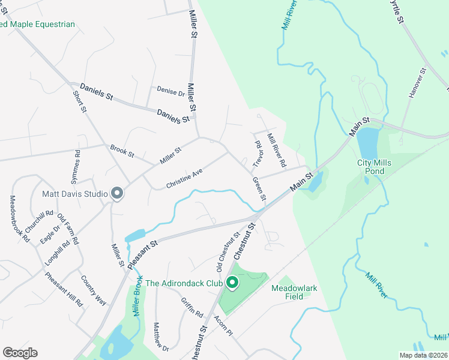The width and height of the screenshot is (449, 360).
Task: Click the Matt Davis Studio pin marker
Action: pyautogui.click(x=117, y=193)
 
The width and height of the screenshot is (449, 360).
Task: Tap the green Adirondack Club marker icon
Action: pyautogui.click(x=232, y=282)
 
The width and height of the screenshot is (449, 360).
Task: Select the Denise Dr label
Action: pyautogui.click(x=170, y=92)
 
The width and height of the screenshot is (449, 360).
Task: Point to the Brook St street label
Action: pyautogui.click(x=122, y=151)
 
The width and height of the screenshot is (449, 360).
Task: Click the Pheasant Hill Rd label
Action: pyautogui.click(x=64, y=290)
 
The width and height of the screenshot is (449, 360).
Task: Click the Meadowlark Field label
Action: pyautogui.click(x=294, y=292)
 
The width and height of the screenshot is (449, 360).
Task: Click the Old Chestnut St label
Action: pyautogui.click(x=228, y=251)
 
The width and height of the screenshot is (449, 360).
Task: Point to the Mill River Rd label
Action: pyautogui.click(x=277, y=151)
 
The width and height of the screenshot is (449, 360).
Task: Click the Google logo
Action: pyautogui.click(x=20, y=353)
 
